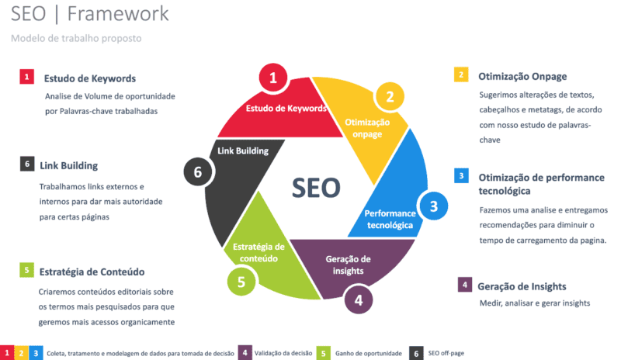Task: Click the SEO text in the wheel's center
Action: pyautogui.click(x=316, y=187)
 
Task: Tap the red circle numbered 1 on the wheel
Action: pyautogui.click(x=272, y=78)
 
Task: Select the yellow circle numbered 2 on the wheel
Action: pyautogui.click(x=390, y=97)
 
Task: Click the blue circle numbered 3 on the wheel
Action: pyautogui.click(x=434, y=206)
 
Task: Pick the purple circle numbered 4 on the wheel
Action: pyautogui.click(x=357, y=298)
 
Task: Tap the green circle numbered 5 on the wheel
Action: pyautogui.click(x=242, y=281)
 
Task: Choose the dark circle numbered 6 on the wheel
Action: pyautogui.click(x=198, y=171)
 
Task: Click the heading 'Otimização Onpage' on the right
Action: pyautogui.click(x=522, y=76)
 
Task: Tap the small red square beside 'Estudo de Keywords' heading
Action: pyautogui.click(x=26, y=77)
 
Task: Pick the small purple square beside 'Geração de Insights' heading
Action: pyautogui.click(x=463, y=284)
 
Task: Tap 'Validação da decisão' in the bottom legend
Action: pyautogui.click(x=283, y=353)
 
